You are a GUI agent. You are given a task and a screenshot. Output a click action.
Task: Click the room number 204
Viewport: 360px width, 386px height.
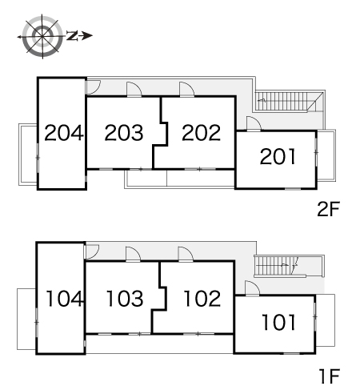(64, 133)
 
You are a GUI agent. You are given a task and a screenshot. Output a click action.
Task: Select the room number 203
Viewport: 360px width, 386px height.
(124, 133)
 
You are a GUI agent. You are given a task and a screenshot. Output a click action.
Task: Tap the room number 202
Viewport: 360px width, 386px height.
(202, 133)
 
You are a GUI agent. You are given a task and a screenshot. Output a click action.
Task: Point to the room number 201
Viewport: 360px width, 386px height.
(278, 156)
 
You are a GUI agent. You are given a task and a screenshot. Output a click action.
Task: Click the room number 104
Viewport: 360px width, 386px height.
(64, 299)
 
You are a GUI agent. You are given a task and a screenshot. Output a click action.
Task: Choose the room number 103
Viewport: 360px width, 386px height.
(125, 299)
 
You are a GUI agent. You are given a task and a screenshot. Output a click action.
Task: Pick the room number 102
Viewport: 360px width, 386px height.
(202, 299)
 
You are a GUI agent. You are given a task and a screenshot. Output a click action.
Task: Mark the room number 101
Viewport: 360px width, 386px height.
(278, 322)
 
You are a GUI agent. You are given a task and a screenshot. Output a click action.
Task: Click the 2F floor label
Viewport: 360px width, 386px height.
(328, 209)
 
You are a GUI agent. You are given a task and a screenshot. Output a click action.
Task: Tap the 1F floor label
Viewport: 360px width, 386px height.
(330, 376)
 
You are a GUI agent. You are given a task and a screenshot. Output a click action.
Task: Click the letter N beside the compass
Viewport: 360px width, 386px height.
(72, 35)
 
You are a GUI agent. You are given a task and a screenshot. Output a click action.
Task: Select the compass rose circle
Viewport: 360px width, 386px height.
(42, 36)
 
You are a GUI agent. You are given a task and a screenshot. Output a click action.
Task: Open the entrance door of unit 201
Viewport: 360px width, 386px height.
(254, 123)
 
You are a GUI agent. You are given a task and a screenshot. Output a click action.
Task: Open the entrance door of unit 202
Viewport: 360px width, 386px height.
(186, 89)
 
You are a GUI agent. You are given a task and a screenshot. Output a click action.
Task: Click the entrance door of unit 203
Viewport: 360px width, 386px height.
(134, 89)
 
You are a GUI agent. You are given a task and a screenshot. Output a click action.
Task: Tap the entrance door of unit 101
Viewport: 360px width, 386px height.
(252, 288)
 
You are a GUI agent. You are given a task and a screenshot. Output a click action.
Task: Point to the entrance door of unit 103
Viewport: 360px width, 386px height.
(133, 254)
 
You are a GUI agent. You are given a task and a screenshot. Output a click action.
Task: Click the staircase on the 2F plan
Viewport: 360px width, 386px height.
(290, 101)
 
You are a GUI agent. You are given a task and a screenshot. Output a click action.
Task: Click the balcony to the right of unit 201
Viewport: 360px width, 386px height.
(326, 155)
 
